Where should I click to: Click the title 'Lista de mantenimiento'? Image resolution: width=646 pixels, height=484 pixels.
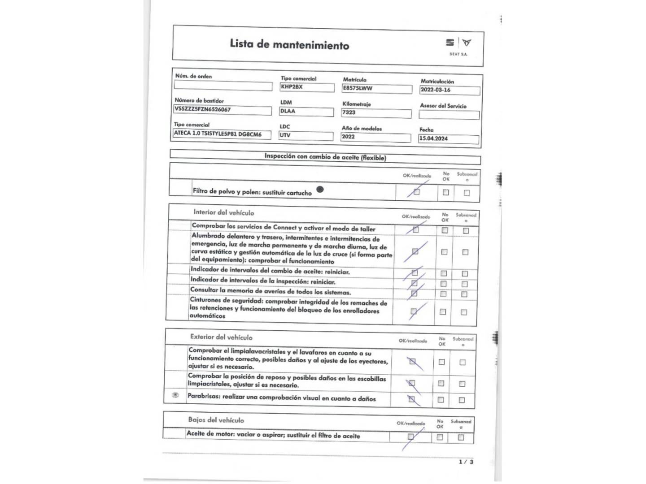pos(289,44)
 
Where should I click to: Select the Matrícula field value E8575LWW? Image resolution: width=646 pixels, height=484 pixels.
pos(377,89)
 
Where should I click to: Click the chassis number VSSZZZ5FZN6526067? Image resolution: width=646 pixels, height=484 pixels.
pos(223,110)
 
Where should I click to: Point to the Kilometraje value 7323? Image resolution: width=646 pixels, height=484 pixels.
pos(376,113)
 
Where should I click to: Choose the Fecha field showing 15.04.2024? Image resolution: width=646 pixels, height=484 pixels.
pos(448,139)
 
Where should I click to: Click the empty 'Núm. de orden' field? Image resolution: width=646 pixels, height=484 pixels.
pos(223,86)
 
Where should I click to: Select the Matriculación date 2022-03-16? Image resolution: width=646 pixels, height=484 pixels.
pos(450,90)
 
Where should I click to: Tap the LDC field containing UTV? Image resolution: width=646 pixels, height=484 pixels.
pos(306,135)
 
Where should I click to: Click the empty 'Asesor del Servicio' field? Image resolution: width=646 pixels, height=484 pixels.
pos(449,115)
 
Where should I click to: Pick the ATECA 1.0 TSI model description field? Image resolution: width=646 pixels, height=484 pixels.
pos(222,134)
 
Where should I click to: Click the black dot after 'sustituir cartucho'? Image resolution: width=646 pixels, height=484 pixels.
pos(320,190)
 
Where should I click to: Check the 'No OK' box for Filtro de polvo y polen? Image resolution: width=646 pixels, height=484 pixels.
pos(445,192)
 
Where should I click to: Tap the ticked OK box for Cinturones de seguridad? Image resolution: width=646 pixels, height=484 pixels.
pos(414,311)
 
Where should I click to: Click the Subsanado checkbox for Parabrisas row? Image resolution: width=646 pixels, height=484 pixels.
pos(462,400)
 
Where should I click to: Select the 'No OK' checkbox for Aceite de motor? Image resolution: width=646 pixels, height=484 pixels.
pos(440,437)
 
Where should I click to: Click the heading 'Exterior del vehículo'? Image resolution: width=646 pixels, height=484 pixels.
pos(221,337)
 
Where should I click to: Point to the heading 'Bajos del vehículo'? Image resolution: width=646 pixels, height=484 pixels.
pos(216,420)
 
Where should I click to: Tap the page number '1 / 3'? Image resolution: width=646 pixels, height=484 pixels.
pos(466,462)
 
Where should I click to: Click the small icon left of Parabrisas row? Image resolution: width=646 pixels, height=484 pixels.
pos(175,395)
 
